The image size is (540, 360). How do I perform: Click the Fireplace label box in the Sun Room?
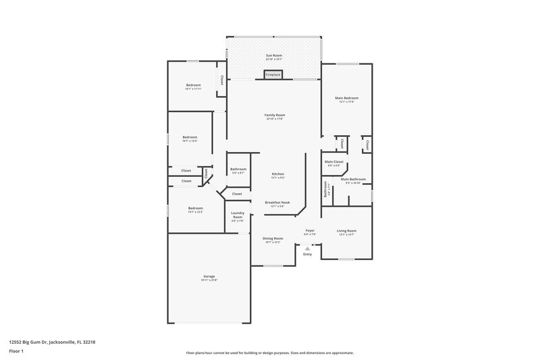pyautogui.click(x=273, y=75)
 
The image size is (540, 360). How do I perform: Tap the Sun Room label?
pyautogui.click(x=273, y=56)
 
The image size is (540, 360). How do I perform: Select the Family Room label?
pyautogui.click(x=274, y=115)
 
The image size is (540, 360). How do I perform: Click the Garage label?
pyautogui.click(x=209, y=277)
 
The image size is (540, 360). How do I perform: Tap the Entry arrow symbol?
pyautogui.click(x=308, y=248)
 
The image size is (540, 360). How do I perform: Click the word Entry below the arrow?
pyautogui.click(x=308, y=254)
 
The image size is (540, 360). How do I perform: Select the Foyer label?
pyautogui.click(x=310, y=231)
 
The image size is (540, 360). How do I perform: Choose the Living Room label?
pyautogui.click(x=346, y=232)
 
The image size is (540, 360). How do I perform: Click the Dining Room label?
pyautogui.click(x=273, y=238)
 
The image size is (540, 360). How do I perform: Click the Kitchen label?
pyautogui.click(x=278, y=174)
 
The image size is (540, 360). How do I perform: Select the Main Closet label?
pyautogui.click(x=334, y=162)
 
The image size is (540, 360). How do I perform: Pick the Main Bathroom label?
pyautogui.click(x=353, y=180)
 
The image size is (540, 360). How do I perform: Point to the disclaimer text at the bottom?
pyautogui.click(x=269, y=353)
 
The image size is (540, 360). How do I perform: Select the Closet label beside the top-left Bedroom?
pyautogui.click(x=221, y=80)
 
